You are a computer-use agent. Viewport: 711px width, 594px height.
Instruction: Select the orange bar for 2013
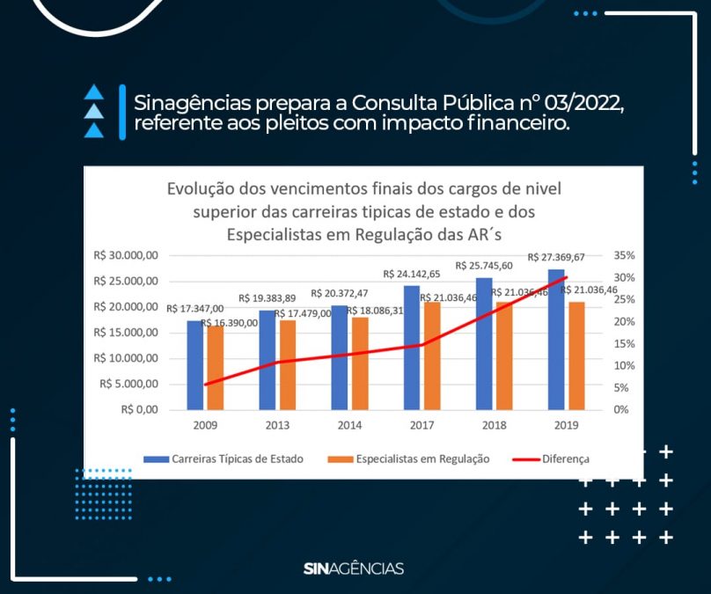point(288,365)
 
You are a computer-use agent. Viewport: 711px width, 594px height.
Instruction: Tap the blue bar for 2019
point(556,340)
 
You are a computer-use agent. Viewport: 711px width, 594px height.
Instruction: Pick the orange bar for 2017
point(432,356)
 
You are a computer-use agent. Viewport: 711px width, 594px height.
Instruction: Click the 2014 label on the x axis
point(349,425)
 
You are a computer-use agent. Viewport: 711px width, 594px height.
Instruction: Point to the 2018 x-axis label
point(493,425)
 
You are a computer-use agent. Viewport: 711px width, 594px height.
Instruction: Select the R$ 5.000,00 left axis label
point(128,384)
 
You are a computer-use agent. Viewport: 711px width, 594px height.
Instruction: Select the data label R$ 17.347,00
point(194,308)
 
